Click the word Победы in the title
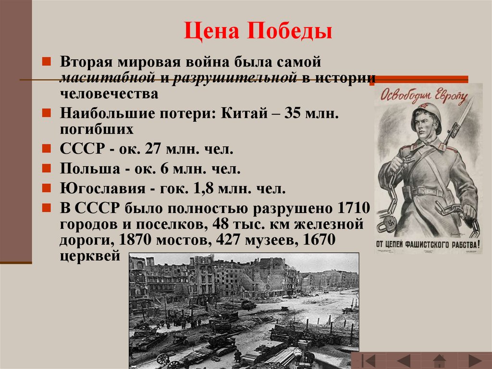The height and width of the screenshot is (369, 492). (289, 31)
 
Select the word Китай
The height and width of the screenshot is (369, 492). (245, 113)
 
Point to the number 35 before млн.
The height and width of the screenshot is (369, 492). (293, 113)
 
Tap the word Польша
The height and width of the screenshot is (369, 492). (90, 169)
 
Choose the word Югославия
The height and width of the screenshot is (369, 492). (103, 189)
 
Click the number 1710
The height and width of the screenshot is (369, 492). (354, 208)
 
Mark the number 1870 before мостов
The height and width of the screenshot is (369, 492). (135, 240)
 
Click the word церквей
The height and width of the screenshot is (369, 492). (90, 256)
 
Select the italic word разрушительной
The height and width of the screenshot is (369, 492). (234, 78)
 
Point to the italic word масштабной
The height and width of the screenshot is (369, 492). (107, 78)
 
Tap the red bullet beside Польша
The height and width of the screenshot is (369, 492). (47, 168)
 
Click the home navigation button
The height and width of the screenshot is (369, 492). (439, 360)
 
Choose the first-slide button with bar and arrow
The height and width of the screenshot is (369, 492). (369, 360)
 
